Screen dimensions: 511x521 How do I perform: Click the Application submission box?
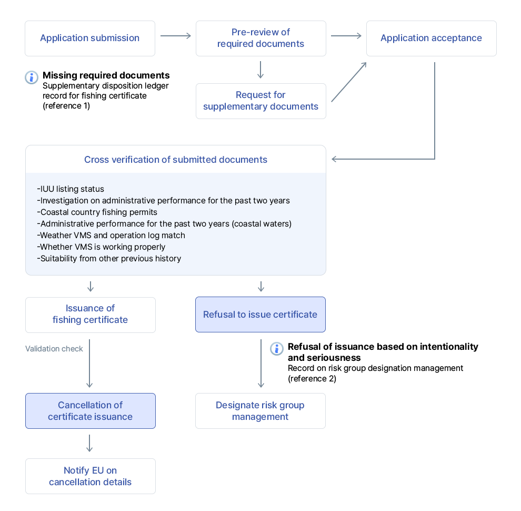click(x=90, y=38)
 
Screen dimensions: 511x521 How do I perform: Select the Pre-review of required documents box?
click(x=260, y=38)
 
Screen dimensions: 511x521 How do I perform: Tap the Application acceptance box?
click(x=431, y=38)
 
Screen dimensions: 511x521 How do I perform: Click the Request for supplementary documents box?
click(x=260, y=101)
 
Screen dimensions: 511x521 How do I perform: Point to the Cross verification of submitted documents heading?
click(x=175, y=160)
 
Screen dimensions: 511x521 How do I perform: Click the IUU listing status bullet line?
click(x=71, y=189)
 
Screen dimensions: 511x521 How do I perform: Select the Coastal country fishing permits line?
click(x=97, y=212)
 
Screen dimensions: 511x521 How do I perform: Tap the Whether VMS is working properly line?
click(x=101, y=247)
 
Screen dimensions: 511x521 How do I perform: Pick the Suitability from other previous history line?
click(x=109, y=259)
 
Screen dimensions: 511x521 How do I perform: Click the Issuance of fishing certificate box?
click(x=90, y=315)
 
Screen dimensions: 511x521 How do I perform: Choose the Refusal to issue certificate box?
click(x=260, y=315)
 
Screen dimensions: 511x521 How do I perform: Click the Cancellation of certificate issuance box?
click(x=90, y=411)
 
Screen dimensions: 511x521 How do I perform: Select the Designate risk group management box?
click(x=260, y=411)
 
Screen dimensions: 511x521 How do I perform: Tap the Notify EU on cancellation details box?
click(x=90, y=476)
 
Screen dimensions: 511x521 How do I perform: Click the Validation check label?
click(x=54, y=349)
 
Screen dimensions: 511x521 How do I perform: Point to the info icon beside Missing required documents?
click(x=32, y=77)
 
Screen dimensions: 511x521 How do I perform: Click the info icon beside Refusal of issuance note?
click(x=277, y=349)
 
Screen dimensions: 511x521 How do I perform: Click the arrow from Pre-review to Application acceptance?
click(x=346, y=36)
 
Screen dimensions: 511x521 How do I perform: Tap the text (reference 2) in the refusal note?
click(x=312, y=379)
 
